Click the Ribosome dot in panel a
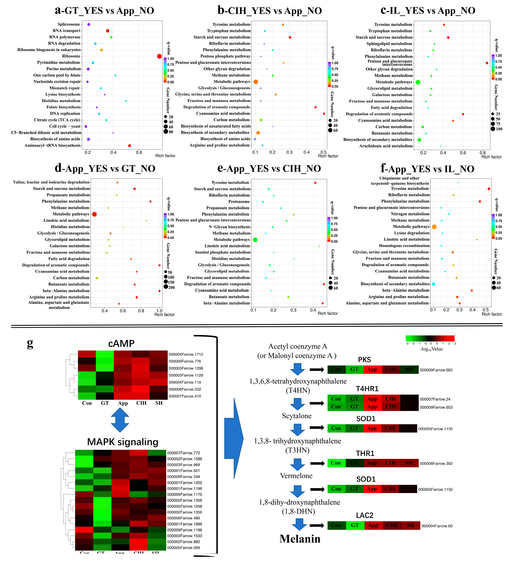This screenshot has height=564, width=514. tap(159, 56)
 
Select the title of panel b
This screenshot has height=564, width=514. tap(270, 11)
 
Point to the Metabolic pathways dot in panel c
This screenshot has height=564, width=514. tap(418, 82)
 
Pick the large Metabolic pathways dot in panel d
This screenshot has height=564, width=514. tap(94, 214)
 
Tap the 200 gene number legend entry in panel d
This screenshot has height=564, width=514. tap(169, 287)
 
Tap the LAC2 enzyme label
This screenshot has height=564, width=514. tap(365, 515)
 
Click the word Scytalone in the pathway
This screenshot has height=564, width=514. tap(297, 416)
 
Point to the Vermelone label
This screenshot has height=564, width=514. tap(296, 476)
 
